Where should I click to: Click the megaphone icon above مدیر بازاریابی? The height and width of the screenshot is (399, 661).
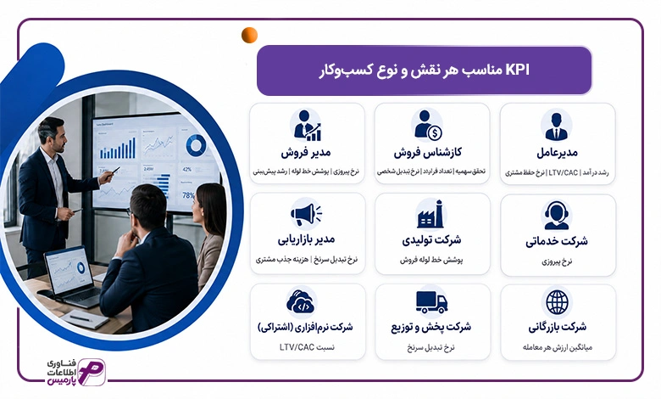point(306,214)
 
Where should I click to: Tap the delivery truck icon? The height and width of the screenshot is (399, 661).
point(431,302)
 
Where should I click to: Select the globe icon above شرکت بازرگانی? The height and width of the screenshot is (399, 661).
point(557,302)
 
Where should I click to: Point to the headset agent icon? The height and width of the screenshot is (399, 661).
point(557,215)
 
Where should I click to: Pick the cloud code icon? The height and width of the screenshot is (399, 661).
point(300,301)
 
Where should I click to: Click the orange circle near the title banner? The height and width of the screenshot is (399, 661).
point(249,35)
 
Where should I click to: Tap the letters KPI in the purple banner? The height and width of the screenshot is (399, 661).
point(517,70)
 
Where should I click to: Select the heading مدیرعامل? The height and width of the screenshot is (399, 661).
point(557,153)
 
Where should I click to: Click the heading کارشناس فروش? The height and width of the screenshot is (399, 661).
point(428,152)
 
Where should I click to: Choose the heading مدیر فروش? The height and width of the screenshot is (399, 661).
point(306,152)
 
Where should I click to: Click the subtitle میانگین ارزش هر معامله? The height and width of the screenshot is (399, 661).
point(558,347)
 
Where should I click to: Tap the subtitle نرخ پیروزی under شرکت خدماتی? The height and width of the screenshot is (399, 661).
point(557,261)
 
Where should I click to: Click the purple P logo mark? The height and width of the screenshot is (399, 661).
point(92,372)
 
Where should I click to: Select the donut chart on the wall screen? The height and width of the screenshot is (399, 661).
point(196,145)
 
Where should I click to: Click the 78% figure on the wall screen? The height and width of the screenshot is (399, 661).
point(188,195)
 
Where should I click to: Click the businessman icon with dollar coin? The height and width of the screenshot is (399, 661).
point(428,126)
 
